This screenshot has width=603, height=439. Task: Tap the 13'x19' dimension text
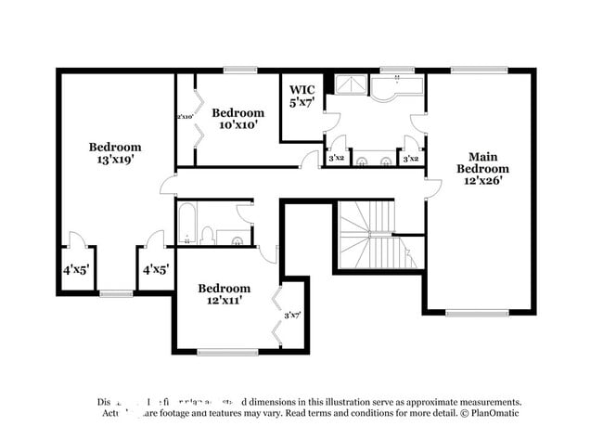point(115,160)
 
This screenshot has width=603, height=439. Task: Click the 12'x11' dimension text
point(224,301)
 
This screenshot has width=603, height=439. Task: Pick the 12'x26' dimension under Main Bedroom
point(482,182)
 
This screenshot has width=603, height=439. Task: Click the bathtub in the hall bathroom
point(186,225)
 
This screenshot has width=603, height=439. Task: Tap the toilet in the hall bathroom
point(208,236)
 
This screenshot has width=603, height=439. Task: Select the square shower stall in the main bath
point(349,85)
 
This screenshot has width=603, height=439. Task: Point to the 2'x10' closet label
point(185,117)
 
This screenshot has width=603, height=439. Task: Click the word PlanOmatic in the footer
point(496,413)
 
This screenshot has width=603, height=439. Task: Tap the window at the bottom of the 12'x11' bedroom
point(227,352)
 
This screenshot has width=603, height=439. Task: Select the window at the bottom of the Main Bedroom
point(477,313)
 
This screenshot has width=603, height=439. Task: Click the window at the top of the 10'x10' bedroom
point(239,70)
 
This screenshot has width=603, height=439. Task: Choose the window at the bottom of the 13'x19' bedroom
point(116,293)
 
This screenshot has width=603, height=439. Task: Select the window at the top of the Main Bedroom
point(479,70)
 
